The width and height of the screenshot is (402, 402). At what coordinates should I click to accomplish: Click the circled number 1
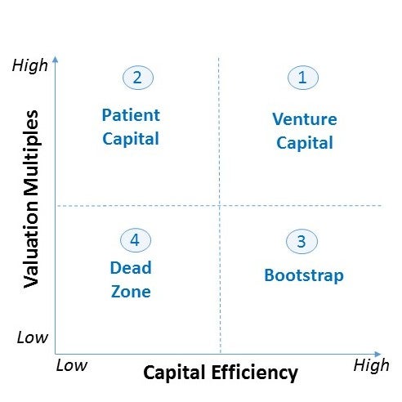click(303, 78)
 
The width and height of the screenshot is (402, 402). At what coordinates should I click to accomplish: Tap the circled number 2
click(138, 78)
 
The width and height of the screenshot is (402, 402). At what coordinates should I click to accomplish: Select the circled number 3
click(301, 241)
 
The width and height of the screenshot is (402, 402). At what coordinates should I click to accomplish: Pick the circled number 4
click(136, 240)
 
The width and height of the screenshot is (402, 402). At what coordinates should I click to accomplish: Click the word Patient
click(131, 115)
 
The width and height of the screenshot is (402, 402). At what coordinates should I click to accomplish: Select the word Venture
click(305, 119)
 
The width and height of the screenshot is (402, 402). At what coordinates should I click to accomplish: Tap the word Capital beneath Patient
click(131, 139)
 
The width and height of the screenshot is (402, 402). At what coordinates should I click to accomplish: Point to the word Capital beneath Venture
click(305, 143)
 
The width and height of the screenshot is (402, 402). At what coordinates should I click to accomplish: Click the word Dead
click(131, 268)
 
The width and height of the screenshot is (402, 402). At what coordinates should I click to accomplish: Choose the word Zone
click(131, 292)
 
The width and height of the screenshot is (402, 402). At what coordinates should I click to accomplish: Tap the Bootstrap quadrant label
click(304, 275)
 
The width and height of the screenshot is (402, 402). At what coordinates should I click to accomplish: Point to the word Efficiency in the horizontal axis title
click(254, 373)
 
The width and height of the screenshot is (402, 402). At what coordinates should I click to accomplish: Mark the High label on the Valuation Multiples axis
click(30, 66)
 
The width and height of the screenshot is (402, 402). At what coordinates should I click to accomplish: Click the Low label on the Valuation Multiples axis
click(33, 337)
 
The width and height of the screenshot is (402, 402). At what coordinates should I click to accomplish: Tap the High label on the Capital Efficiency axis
click(371, 365)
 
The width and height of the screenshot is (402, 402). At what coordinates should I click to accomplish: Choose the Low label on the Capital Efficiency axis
click(72, 365)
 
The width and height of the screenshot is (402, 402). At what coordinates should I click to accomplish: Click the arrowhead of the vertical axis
click(56, 59)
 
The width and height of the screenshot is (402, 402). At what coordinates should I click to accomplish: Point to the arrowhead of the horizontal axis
click(377, 354)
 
